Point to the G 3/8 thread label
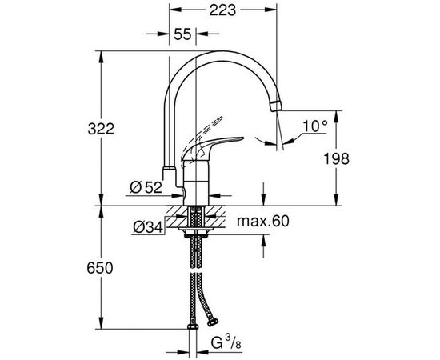point(226,344)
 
